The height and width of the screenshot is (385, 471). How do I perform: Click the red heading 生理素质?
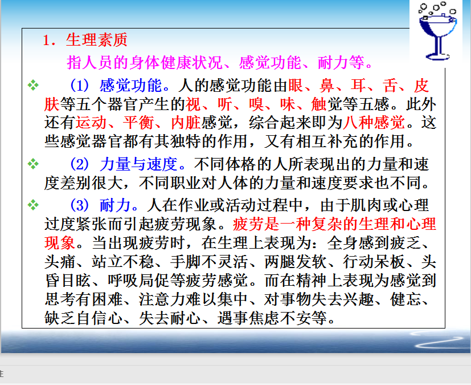point(97,40)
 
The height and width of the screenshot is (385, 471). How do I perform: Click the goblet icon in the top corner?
point(437,31)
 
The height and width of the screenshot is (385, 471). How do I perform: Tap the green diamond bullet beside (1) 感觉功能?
point(33,86)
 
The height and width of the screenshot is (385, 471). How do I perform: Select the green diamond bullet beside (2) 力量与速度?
point(33,164)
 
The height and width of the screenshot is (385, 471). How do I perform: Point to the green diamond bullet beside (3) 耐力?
point(33,205)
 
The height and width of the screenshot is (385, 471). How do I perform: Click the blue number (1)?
point(80,86)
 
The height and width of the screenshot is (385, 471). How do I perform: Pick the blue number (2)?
point(80,164)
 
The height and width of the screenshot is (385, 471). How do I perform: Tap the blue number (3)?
point(80,205)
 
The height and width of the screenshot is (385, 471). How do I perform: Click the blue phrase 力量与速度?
point(139,164)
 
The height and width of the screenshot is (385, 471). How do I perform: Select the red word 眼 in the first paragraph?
point(296,86)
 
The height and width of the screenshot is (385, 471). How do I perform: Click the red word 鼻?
point(327,86)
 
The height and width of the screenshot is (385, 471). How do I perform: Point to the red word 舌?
point(390,86)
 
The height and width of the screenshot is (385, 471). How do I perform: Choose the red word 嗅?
point(256,104)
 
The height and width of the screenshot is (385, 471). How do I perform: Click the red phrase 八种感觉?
point(374,123)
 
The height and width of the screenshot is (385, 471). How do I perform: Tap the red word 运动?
point(91,123)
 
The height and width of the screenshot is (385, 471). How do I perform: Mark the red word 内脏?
point(186,123)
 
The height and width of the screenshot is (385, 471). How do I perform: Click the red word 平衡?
point(138,123)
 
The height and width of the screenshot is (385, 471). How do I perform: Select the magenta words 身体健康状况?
point(176,63)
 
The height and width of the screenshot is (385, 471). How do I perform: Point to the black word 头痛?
point(60,262)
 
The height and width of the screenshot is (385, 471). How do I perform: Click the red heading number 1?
point(47,40)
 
